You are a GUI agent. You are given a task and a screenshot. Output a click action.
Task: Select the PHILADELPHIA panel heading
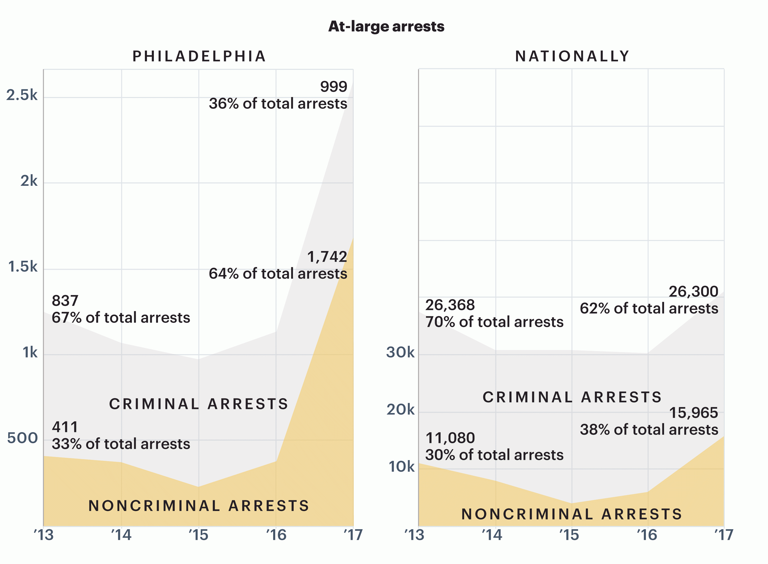(199, 56)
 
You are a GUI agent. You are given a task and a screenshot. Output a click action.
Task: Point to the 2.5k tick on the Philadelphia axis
(22, 95)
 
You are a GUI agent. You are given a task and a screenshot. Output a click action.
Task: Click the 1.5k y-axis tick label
(23, 267)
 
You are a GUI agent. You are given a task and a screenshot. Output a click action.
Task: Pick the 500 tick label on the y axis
(23, 438)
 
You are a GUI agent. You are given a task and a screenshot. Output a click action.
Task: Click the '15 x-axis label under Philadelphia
(198, 535)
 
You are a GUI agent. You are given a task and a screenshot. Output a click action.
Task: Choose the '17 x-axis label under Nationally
(724, 535)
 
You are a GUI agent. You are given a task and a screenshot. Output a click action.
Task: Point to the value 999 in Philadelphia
(333, 86)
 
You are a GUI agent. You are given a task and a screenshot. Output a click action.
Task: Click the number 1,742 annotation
(327, 257)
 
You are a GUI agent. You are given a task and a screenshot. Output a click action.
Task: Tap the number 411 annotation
(65, 427)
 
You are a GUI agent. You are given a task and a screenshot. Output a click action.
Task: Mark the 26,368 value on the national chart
(450, 305)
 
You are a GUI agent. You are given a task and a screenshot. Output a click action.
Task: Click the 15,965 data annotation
(693, 413)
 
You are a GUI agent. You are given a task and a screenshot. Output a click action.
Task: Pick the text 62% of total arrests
(649, 308)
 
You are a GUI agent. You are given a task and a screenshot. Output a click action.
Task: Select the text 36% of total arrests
(278, 103)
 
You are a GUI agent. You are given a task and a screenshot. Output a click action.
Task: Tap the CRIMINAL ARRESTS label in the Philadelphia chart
(199, 404)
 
